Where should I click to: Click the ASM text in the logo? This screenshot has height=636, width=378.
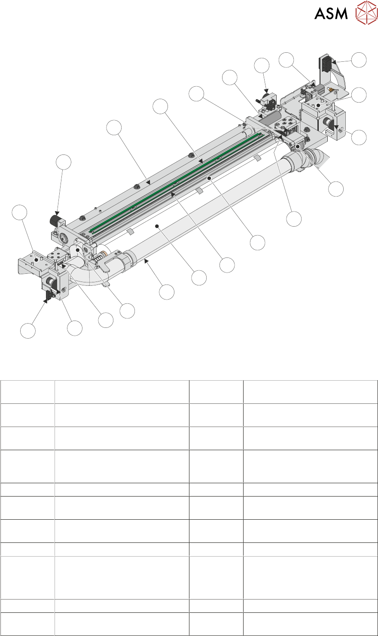(x=331, y=13)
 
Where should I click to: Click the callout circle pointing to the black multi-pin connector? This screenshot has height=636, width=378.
(x=359, y=60)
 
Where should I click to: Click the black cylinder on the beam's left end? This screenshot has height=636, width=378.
(x=55, y=220)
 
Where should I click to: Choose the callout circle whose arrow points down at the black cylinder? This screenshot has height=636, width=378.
(x=64, y=162)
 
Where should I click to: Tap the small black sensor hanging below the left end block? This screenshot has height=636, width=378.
(x=49, y=295)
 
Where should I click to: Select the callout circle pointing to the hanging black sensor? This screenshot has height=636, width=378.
(x=28, y=331)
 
